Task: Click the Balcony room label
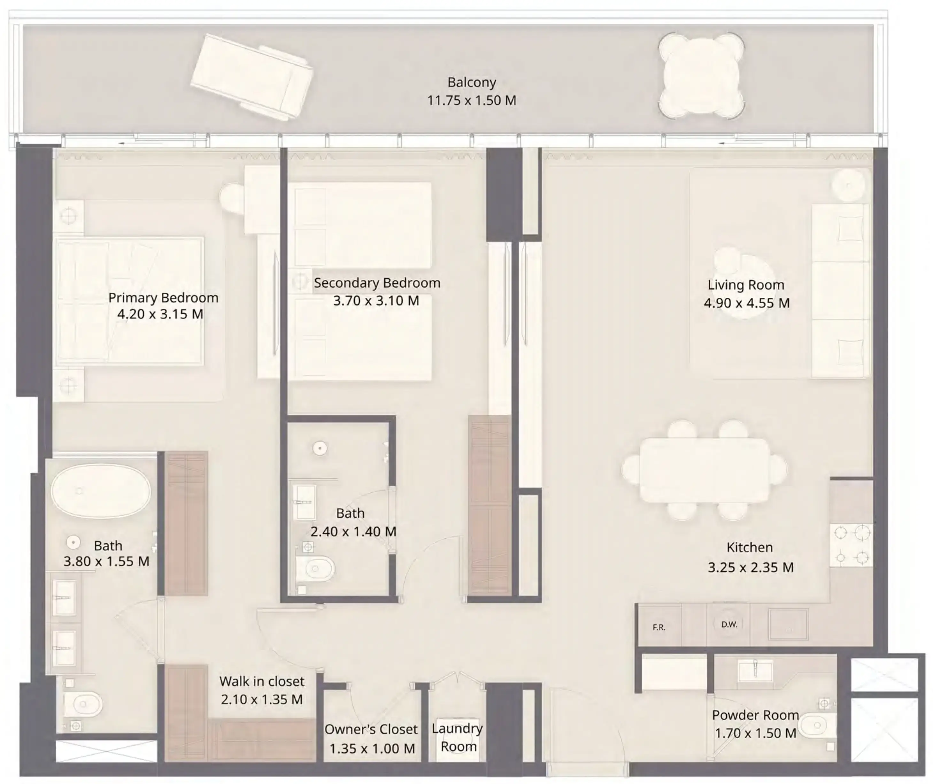coord(472,82)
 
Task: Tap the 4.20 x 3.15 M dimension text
coord(160,314)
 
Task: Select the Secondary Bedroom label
coord(377,283)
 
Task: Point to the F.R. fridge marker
coord(659,627)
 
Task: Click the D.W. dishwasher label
coord(729,625)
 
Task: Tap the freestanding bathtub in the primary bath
coord(101,491)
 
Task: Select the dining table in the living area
coord(705,470)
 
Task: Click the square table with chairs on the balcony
coord(701,75)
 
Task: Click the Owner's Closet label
coord(371,729)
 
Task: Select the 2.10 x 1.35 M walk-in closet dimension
coord(262,700)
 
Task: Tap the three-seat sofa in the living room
coord(840,291)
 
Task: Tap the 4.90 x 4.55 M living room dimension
coord(746,303)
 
